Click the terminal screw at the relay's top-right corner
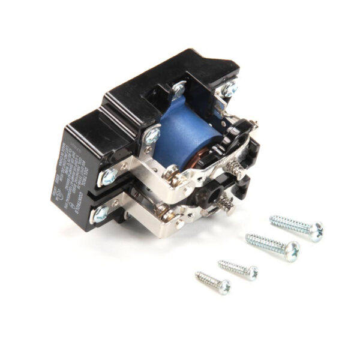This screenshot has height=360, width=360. click(229, 89)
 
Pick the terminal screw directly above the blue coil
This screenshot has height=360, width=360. click(178, 90)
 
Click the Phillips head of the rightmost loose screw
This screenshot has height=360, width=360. click(316, 230)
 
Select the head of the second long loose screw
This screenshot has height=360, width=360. click(292, 250)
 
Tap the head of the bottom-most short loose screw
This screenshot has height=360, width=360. click(224, 287)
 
